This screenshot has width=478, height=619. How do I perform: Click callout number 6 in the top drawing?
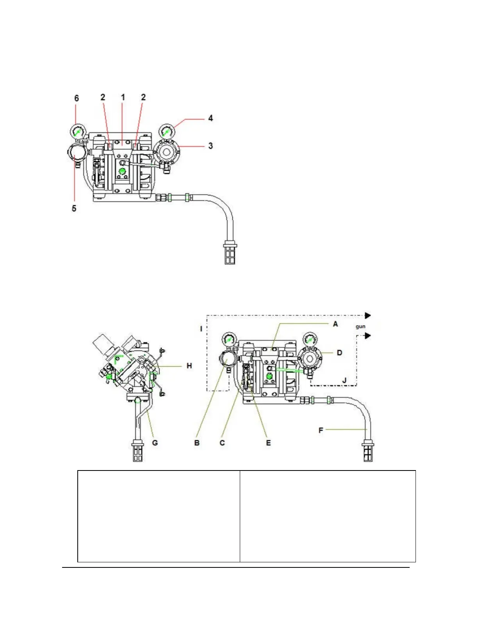point(77,98)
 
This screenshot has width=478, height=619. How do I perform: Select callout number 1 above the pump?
point(123,97)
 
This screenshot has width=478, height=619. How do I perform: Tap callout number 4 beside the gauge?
point(210,118)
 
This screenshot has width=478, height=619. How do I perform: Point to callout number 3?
point(210,146)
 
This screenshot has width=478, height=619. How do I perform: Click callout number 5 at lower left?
point(74,208)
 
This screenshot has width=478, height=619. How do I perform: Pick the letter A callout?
point(335,324)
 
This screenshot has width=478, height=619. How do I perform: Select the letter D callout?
point(339,353)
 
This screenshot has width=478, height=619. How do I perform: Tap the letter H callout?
point(189,366)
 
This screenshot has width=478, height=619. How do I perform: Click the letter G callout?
point(155,443)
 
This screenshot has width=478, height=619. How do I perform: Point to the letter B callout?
point(197,443)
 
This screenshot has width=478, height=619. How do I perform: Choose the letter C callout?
point(222,443)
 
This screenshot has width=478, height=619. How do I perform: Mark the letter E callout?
point(268,443)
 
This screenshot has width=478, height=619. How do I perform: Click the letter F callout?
point(321,430)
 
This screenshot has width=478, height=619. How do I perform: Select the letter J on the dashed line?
point(344,380)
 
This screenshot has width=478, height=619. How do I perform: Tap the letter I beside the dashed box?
point(202,329)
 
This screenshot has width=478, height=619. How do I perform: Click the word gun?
point(360,326)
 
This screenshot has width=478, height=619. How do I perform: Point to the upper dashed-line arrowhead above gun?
point(367,315)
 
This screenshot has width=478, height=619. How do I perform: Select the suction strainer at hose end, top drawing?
point(230,253)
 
